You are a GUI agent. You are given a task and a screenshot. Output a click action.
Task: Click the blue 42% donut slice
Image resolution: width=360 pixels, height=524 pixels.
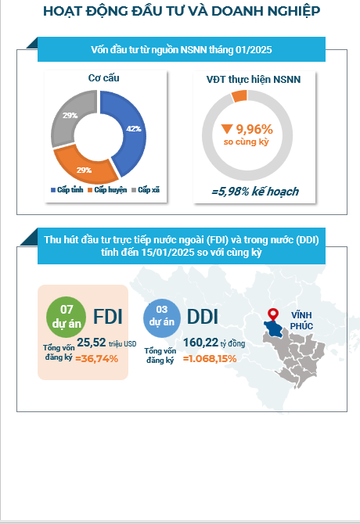click(x=132, y=131)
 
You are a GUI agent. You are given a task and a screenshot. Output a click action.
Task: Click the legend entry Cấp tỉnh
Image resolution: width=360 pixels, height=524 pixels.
click(x=67, y=190)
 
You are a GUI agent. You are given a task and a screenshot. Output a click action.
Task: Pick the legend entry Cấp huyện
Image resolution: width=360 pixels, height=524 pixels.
click(x=107, y=190)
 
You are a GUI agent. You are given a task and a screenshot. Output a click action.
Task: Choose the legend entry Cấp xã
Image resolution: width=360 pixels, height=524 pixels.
click(x=146, y=190)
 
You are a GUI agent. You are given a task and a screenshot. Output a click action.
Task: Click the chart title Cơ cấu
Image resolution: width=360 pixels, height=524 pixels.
click(x=103, y=78)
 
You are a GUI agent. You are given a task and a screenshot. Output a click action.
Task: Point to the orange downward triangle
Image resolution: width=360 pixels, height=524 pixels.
click(x=227, y=129)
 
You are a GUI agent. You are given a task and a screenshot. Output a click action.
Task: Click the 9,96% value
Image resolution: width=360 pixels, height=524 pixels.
click(x=254, y=129)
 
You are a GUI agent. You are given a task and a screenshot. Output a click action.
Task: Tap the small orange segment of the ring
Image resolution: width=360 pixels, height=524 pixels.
click(x=239, y=96)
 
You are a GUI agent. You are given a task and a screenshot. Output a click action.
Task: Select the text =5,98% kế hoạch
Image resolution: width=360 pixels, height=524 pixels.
click(x=255, y=192)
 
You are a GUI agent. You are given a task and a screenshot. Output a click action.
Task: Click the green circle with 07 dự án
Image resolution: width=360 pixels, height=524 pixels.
click(x=67, y=317)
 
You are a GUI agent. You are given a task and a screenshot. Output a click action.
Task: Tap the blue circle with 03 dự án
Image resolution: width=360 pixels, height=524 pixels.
click(x=162, y=318)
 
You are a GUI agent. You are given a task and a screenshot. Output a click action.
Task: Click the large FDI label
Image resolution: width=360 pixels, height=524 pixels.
click(x=108, y=316)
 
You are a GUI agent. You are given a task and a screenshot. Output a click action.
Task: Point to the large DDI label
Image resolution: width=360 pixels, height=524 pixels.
click(x=202, y=317)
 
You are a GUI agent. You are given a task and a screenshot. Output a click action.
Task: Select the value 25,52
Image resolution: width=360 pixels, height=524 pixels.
click(x=92, y=343)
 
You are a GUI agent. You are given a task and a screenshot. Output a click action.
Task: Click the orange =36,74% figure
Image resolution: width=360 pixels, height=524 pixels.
click(x=96, y=358)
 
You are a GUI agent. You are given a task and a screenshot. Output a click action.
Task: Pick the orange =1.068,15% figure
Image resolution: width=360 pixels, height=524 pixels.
click(x=210, y=358)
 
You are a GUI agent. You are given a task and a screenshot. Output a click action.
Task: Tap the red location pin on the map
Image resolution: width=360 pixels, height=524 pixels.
click(x=273, y=314)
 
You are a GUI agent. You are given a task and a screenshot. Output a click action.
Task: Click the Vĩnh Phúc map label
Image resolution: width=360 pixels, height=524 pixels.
click(x=301, y=321)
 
